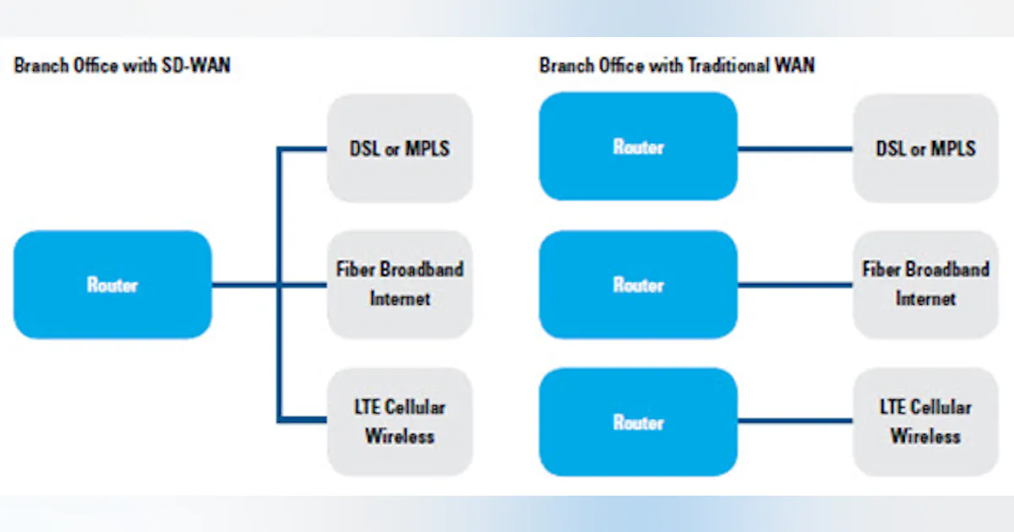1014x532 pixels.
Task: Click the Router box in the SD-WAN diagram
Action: click(x=112, y=285)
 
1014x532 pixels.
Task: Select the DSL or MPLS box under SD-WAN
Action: click(x=399, y=148)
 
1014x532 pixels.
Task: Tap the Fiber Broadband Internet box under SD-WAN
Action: click(x=399, y=285)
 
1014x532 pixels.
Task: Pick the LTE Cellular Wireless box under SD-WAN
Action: click(x=399, y=421)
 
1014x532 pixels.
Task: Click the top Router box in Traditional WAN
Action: click(x=638, y=146)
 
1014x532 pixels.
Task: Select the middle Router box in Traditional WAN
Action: click(x=638, y=285)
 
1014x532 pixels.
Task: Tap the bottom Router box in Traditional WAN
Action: click(x=638, y=421)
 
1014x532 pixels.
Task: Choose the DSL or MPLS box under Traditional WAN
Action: click(x=925, y=148)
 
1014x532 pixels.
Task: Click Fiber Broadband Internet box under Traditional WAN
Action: click(x=925, y=285)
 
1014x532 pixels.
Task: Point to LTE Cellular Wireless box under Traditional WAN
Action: click(x=925, y=421)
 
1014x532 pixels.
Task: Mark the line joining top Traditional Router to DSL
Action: click(x=794, y=149)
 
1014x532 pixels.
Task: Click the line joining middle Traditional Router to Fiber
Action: click(x=794, y=285)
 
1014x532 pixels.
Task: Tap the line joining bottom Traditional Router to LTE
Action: click(x=794, y=421)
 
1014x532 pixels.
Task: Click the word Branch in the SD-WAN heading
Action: click(x=41, y=66)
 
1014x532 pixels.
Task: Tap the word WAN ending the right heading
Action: click(x=795, y=66)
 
